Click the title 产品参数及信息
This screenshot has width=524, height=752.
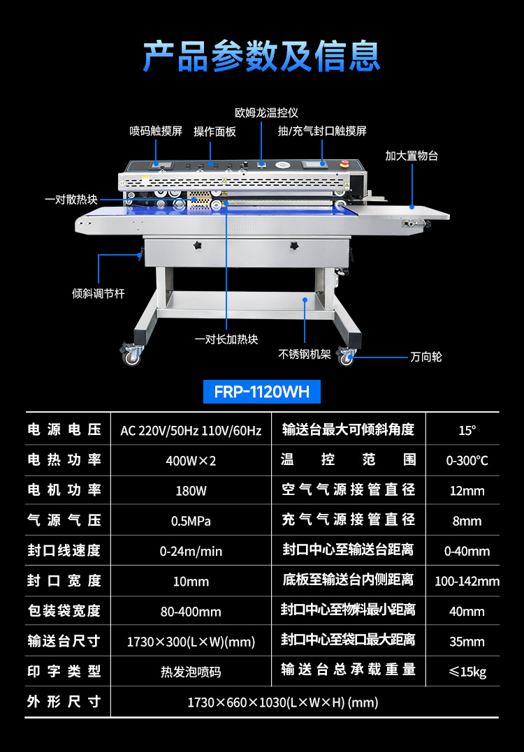(262, 57)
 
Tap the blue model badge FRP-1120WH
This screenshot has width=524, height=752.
(262, 391)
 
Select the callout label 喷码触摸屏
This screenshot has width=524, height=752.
(156, 131)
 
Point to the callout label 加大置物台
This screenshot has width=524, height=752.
(412, 156)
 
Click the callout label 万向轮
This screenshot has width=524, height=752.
(426, 357)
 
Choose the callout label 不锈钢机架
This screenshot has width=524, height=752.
(305, 354)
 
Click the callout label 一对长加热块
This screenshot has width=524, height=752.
(226, 339)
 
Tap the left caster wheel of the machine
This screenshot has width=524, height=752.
(131, 356)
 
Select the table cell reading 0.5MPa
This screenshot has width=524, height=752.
(191, 521)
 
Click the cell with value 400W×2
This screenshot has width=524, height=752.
(191, 461)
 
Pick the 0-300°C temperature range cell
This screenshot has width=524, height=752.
(467, 461)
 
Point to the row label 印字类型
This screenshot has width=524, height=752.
(64, 671)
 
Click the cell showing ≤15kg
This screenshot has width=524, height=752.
(467, 672)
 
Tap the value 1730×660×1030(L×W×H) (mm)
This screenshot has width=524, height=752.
(282, 702)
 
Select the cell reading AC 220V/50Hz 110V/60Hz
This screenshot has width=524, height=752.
(191, 431)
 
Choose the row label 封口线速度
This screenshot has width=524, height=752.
(64, 551)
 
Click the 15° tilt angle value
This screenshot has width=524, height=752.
(467, 431)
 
